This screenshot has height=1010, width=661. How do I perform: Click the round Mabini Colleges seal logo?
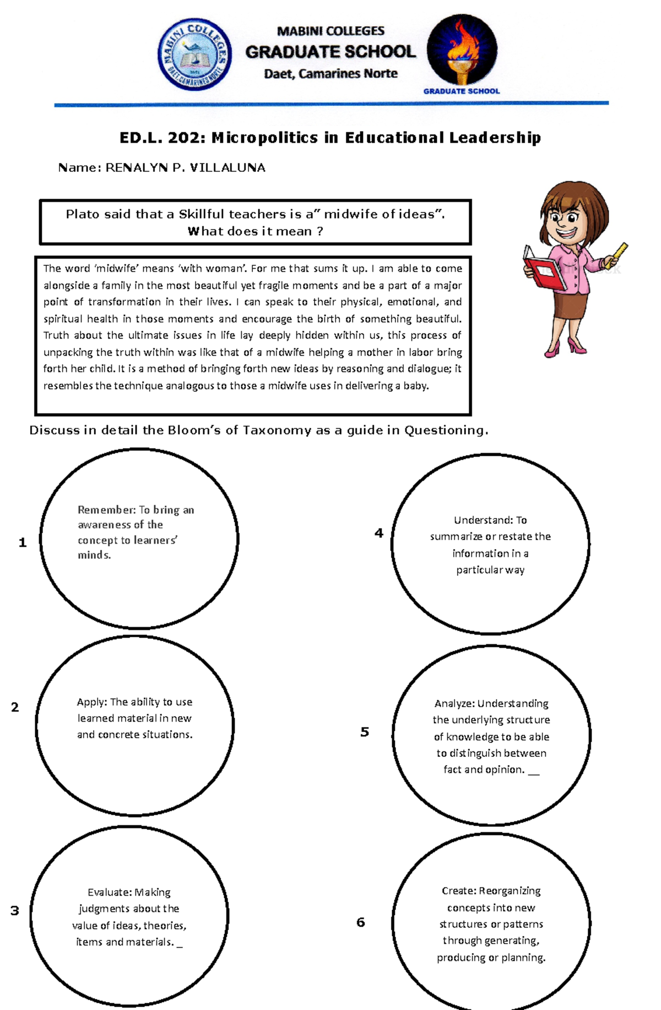[194, 54]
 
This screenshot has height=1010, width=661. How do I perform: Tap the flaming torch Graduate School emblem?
[462, 50]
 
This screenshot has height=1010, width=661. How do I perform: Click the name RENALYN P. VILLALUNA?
[185, 167]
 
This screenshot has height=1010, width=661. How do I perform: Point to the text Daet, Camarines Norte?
[330, 74]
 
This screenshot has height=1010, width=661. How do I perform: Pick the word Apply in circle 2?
[91, 702]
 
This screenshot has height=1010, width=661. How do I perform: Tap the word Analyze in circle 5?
[454, 703]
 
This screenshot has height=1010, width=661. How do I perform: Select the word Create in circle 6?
[458, 891]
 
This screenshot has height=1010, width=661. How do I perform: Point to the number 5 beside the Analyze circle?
[365, 732]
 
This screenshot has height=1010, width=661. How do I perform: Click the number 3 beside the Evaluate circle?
[15, 910]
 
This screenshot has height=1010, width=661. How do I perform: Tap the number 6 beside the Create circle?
[361, 922]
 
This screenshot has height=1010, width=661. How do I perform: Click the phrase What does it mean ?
[255, 231]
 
